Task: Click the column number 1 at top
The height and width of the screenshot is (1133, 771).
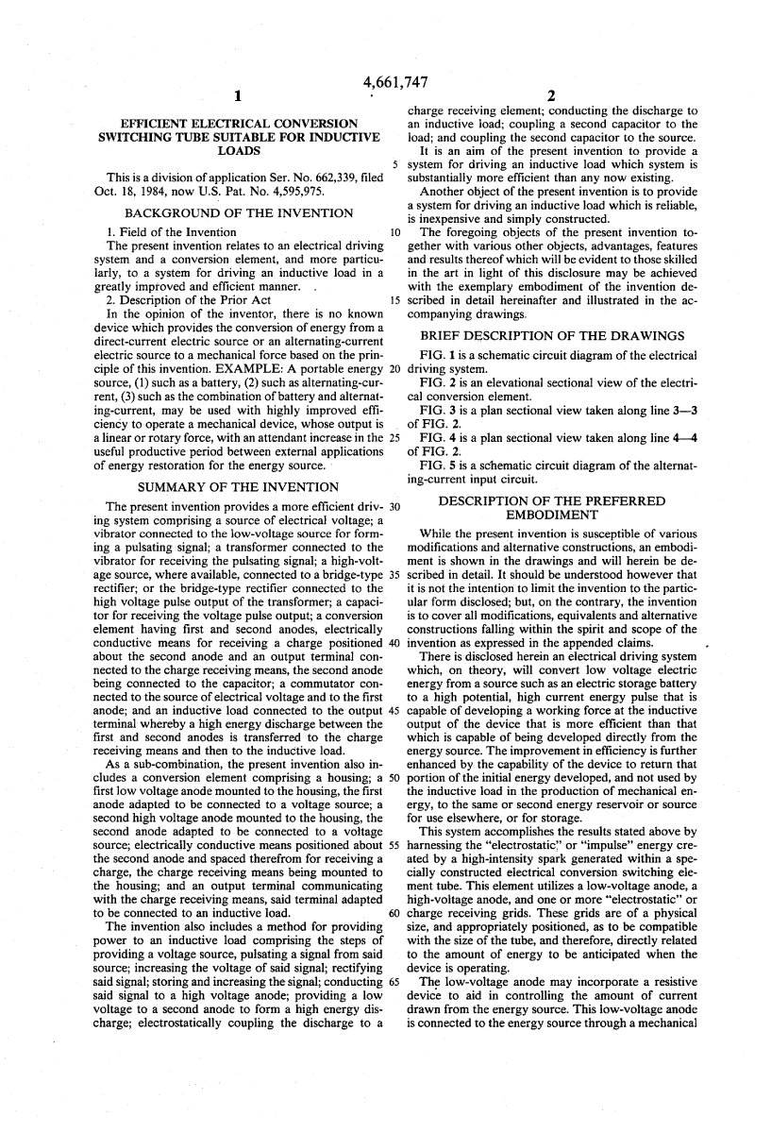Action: pos(239,95)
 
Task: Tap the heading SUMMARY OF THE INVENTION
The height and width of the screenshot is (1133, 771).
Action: pos(238,486)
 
